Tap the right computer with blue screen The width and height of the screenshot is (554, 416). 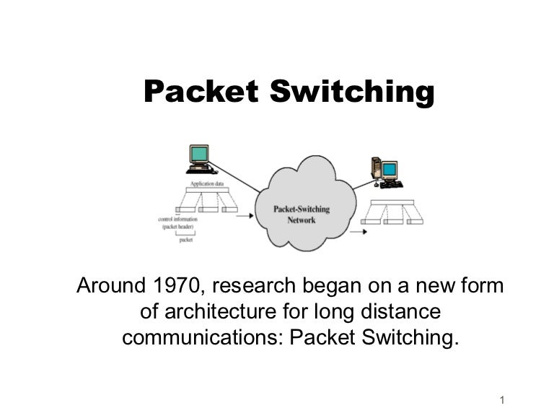click(x=384, y=171)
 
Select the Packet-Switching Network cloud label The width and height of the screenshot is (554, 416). click(x=302, y=214)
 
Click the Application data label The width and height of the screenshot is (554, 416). click(x=207, y=185)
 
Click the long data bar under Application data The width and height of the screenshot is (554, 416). click(x=208, y=194)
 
